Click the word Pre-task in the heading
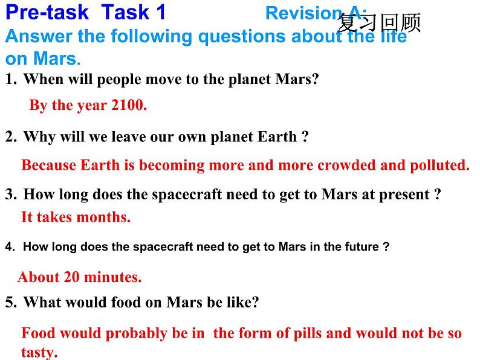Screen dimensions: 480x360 tap(47, 13)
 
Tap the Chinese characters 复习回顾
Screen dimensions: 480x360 tap(379, 22)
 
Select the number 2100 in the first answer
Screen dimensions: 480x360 tap(129, 105)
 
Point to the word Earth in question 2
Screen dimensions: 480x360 tap(277, 137)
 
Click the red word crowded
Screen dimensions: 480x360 tap(346, 165)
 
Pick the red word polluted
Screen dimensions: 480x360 tap(439, 166)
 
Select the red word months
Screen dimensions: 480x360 tap(103, 217)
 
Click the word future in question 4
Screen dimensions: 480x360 tap(362, 246)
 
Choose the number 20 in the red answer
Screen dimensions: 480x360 tap(71, 277)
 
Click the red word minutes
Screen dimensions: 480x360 tap(112, 277)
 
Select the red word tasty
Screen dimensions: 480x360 tap(39, 352)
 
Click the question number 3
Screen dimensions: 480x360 tap(11, 194)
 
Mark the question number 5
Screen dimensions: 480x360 tap(11, 302)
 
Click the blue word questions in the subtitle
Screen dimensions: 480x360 tap(242, 37)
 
